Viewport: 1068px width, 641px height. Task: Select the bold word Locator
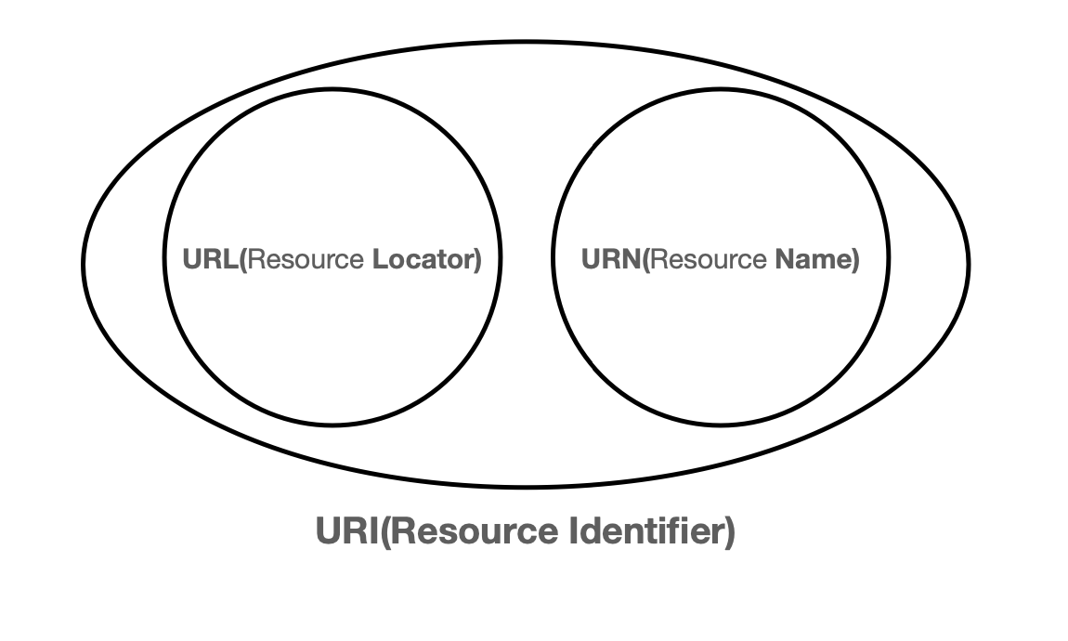click(x=423, y=259)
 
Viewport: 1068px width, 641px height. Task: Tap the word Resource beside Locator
click(x=306, y=259)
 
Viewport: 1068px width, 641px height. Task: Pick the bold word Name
click(x=811, y=259)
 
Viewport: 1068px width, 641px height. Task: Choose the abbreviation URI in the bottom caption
click(x=346, y=532)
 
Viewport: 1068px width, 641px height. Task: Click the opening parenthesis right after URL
click(x=244, y=259)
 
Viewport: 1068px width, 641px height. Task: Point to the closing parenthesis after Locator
click(x=478, y=259)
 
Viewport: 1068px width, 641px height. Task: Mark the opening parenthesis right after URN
click(x=645, y=259)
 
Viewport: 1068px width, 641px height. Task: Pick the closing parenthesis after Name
click(x=855, y=259)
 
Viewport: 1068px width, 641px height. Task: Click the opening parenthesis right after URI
click(x=384, y=533)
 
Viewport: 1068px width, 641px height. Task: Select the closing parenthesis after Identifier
click(x=729, y=533)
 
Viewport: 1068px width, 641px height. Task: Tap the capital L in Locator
click(x=378, y=259)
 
